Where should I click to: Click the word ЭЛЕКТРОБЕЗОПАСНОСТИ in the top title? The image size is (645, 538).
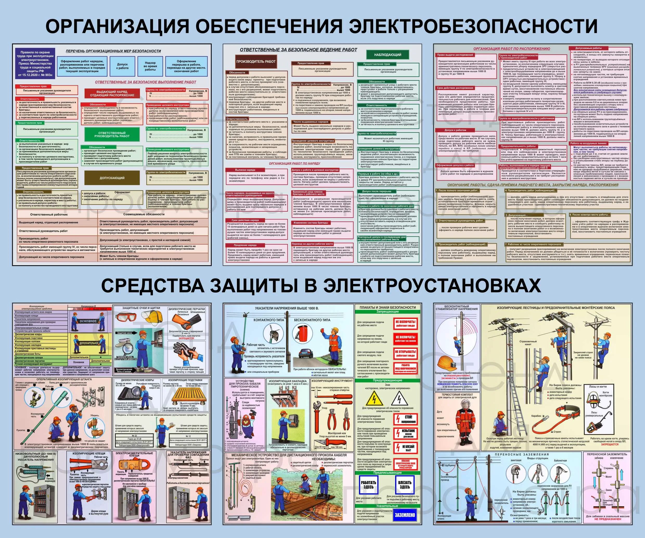(x=473, y=26)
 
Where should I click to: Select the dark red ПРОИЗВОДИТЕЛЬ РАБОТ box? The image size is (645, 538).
(x=256, y=61)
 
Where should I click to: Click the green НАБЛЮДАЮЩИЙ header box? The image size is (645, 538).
(x=388, y=55)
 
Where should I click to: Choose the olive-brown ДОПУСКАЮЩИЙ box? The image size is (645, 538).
(x=112, y=178)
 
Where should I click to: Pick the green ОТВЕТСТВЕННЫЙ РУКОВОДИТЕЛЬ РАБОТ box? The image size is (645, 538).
(x=112, y=134)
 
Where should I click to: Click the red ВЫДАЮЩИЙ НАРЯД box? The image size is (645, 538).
(x=112, y=93)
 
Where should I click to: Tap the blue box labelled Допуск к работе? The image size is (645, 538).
(x=122, y=66)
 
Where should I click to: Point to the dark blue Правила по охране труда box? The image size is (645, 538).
(x=35, y=64)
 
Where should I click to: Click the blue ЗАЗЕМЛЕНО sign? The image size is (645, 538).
(x=404, y=515)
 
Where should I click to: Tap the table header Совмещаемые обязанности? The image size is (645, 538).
(x=144, y=214)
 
